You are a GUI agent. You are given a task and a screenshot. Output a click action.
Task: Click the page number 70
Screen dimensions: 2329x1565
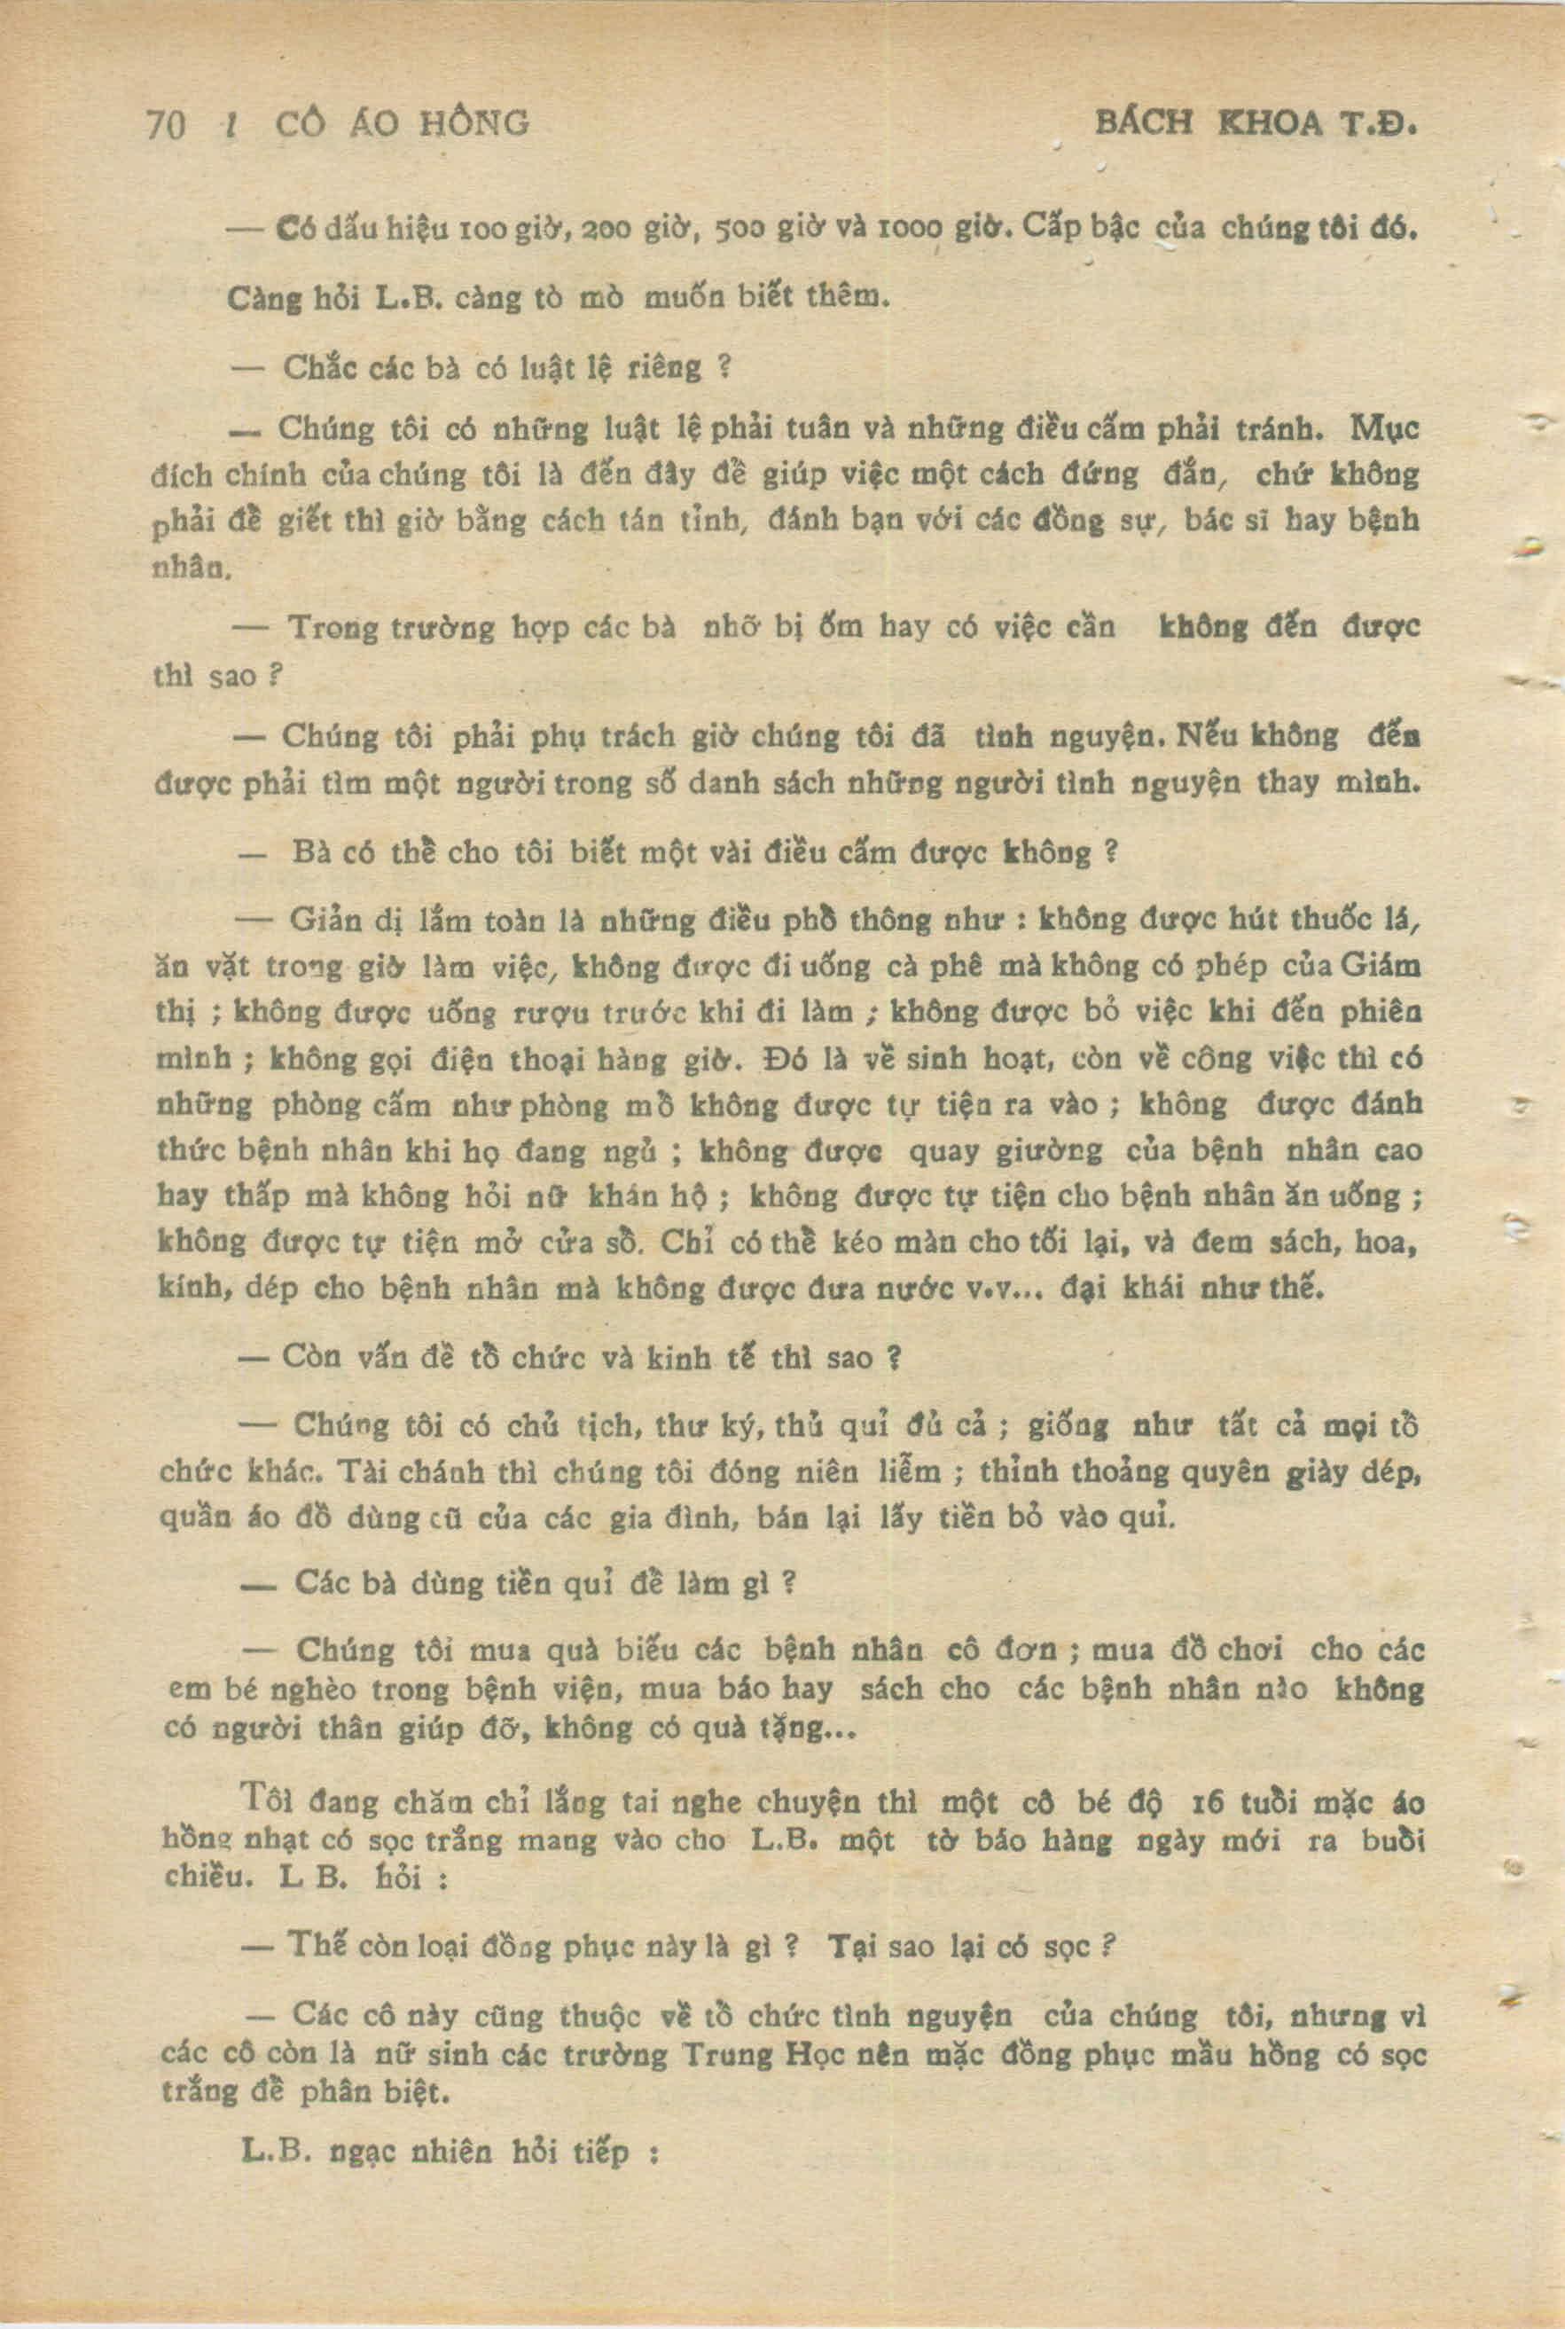click(x=166, y=125)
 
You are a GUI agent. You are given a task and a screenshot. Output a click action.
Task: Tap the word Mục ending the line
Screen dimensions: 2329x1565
click(x=1384, y=430)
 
